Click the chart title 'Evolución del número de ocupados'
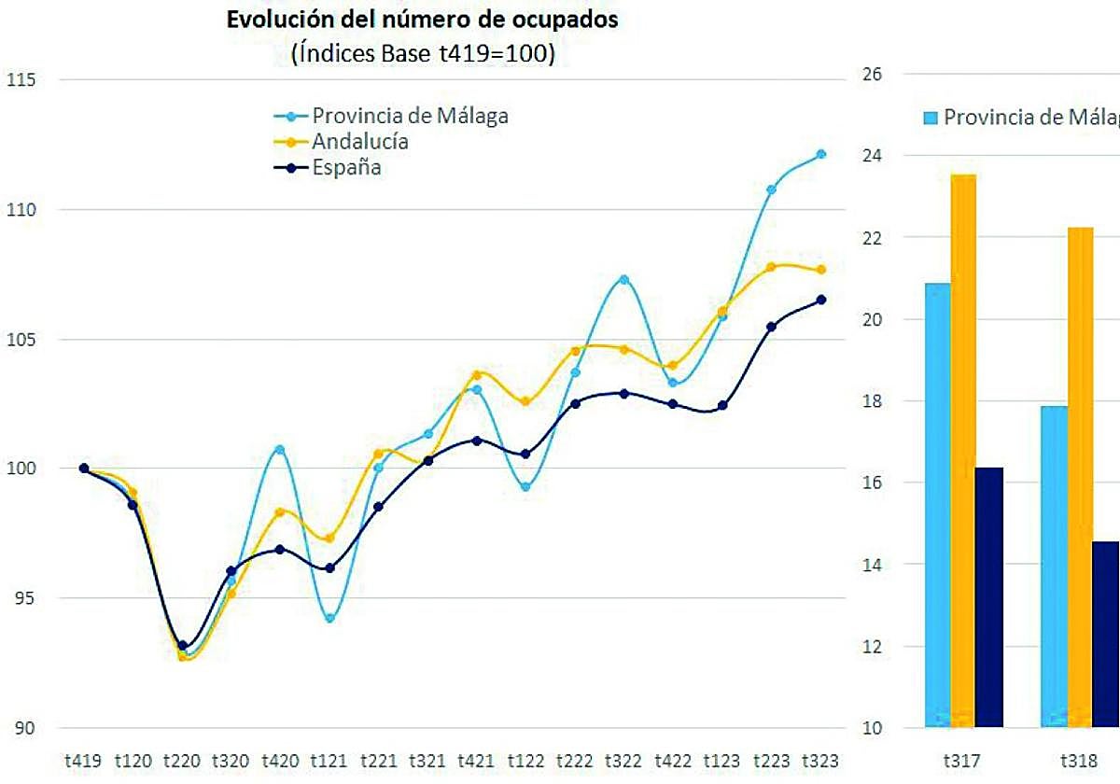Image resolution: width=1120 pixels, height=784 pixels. pos(423,21)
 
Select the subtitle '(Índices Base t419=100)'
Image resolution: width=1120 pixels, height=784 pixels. pos(423,55)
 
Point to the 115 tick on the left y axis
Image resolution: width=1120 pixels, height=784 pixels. pos(21,79)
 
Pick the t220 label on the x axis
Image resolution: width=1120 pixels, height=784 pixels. pos(182,761)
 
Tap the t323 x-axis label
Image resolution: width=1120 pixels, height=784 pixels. pos(821,761)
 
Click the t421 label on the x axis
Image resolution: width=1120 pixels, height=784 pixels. pos(477,761)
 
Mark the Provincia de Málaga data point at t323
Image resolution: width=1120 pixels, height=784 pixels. pos(821,154)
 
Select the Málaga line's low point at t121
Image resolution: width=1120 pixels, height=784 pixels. pos(329,618)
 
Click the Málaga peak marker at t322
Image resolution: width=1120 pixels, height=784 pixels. pos(624,279)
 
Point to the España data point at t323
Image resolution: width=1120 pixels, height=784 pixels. pos(821,300)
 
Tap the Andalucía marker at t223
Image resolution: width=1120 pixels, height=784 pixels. pos(771,267)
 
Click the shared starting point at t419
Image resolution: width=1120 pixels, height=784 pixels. pos(84,469)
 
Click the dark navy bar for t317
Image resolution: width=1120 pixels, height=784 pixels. pos(989,596)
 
